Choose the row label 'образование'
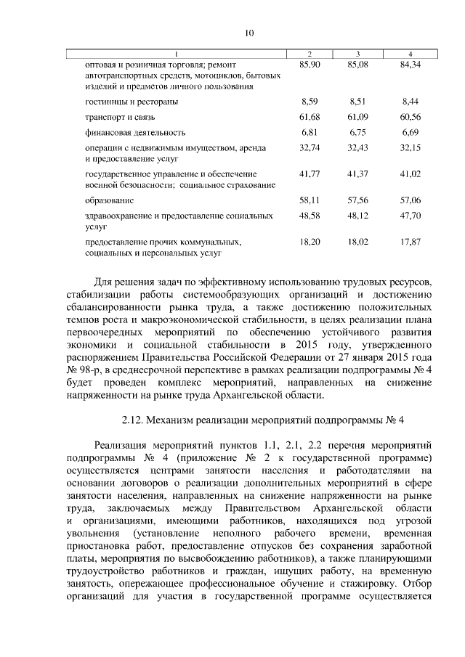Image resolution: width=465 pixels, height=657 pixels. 109,200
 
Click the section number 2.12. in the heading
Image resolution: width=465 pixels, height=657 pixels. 132,420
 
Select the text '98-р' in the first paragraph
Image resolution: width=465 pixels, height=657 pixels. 94,370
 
